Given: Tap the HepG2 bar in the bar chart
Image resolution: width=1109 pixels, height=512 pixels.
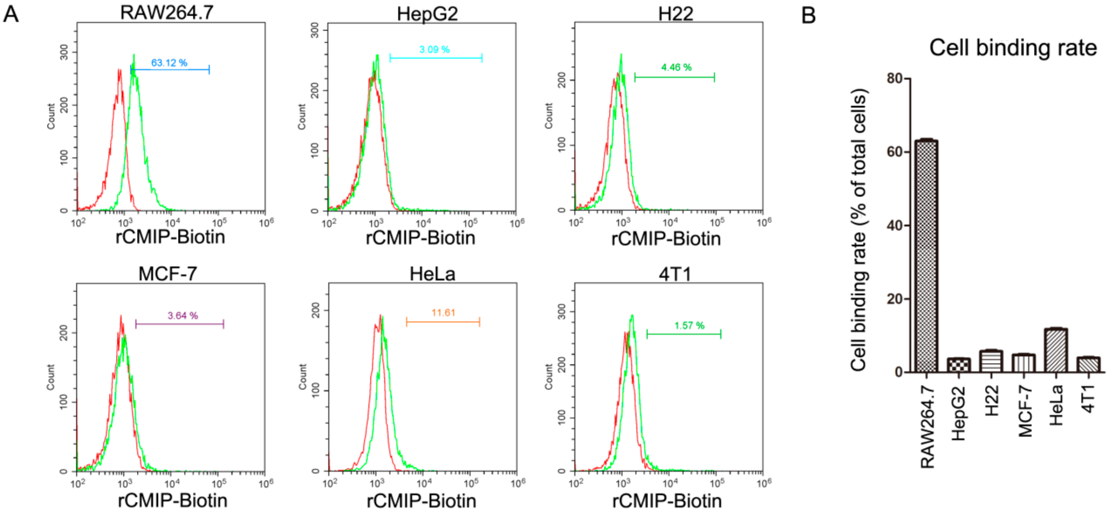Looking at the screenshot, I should [959, 365].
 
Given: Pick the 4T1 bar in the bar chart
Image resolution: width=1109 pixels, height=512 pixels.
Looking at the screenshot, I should [1088, 364].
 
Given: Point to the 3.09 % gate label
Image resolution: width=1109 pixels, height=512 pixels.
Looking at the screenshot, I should [434, 49].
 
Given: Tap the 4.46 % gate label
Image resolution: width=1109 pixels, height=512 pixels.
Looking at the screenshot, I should [676, 67].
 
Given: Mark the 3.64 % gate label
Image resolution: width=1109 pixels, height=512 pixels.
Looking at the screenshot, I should [182, 315].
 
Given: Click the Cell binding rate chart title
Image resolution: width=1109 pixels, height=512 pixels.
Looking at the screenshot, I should [1012, 48].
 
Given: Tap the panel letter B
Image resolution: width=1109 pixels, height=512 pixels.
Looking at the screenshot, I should [808, 16].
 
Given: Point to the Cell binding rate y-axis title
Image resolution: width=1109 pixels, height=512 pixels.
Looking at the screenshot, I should [859, 230].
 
